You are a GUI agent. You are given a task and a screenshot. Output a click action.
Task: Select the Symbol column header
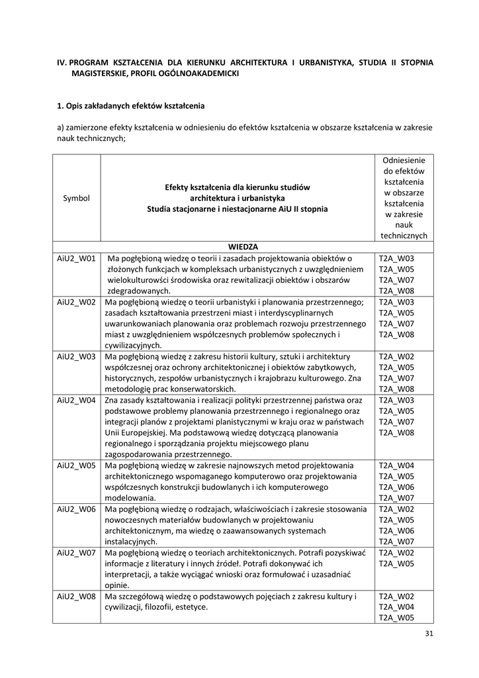(x=76, y=198)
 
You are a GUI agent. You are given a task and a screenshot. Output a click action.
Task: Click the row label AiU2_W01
(x=77, y=258)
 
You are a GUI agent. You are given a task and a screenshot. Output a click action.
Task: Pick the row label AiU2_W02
(x=77, y=302)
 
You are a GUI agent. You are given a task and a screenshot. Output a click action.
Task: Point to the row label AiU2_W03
(x=77, y=356)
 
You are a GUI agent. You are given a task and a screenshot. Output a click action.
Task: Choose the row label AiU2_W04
(x=77, y=401)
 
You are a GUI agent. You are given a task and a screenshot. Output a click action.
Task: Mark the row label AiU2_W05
(x=77, y=465)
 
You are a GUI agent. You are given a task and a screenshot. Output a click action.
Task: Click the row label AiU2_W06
(x=77, y=509)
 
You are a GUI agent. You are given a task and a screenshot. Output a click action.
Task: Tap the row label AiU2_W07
(x=77, y=552)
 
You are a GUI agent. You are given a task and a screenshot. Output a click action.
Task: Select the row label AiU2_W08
(x=77, y=596)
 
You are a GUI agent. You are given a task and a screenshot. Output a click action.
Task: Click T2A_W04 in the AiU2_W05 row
(x=396, y=465)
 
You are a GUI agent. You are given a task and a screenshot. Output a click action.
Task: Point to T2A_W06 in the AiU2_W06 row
(x=396, y=530)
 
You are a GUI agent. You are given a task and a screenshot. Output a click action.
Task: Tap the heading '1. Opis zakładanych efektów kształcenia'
(x=131, y=105)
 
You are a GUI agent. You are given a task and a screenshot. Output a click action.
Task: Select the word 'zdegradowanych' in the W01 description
(x=139, y=291)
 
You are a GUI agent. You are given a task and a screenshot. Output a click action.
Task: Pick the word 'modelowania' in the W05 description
(x=130, y=498)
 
